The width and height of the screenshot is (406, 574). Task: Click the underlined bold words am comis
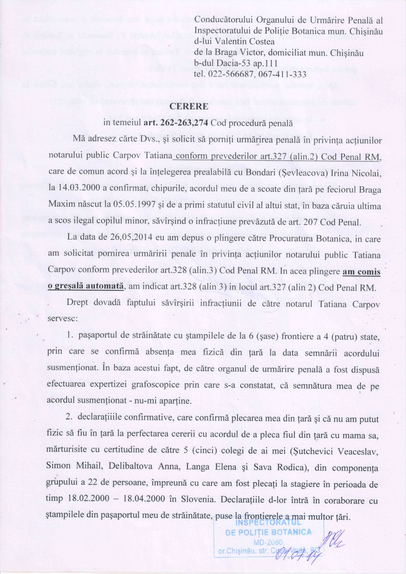coord(361,272)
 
